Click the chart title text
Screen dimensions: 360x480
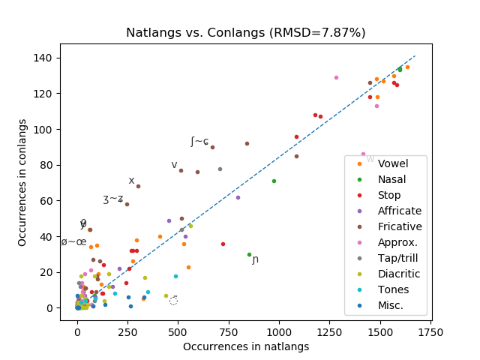click(245, 33)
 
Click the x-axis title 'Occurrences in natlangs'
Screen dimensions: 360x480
click(246, 346)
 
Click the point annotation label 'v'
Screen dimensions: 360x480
click(174, 165)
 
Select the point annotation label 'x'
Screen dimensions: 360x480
click(131, 181)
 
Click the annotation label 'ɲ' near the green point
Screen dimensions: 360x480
click(256, 259)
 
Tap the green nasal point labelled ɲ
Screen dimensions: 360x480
click(249, 254)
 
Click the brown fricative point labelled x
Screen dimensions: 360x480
click(138, 186)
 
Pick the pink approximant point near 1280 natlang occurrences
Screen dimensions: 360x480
click(336, 77)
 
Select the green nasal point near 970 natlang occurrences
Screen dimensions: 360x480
click(274, 181)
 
